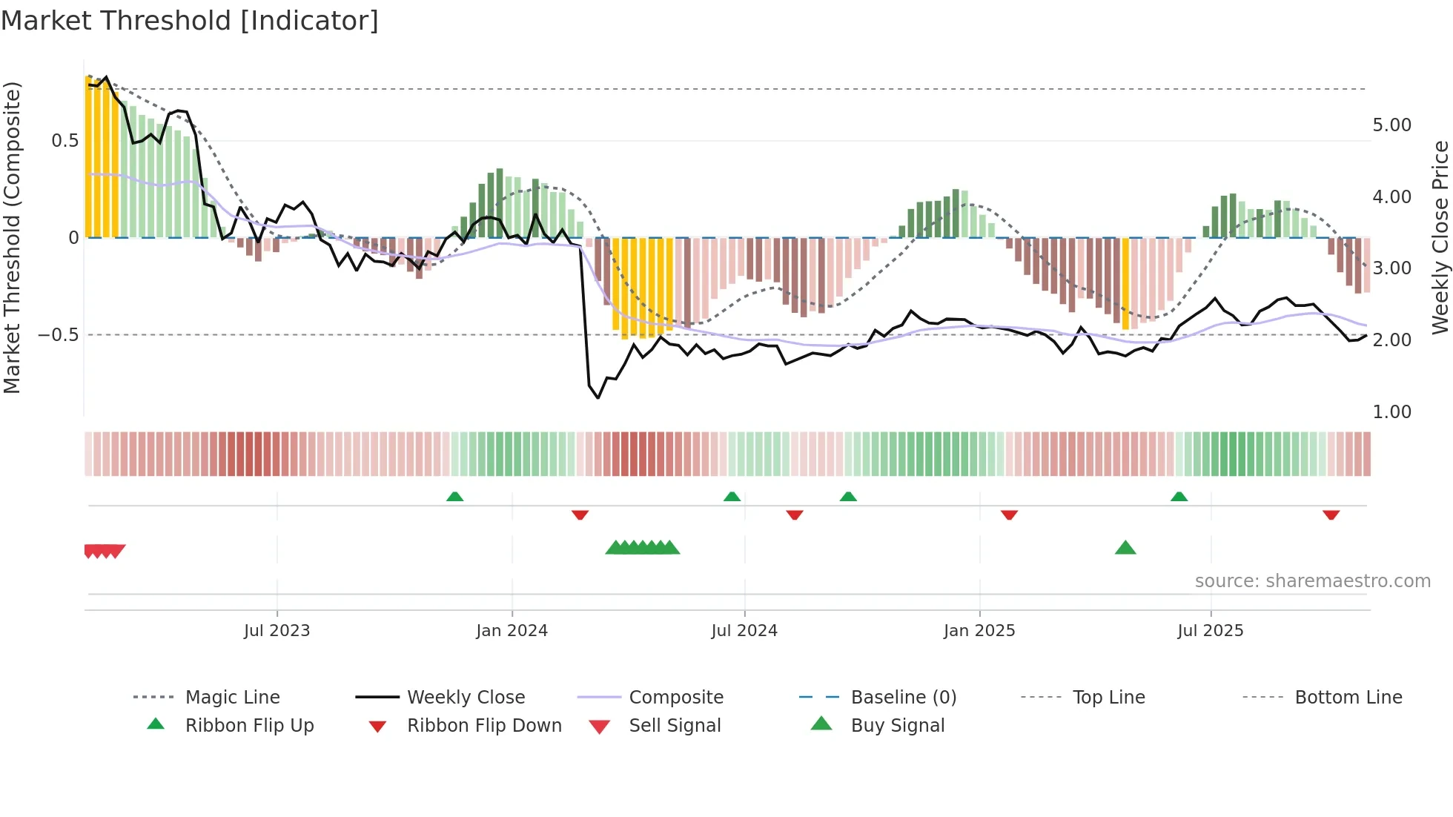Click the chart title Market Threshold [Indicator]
pos(190,21)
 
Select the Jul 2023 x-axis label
pos(277,631)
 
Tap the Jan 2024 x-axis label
pos(512,631)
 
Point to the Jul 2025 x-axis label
pos(1210,631)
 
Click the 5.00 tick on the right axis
pos(1391,125)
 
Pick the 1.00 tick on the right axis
pos(1391,412)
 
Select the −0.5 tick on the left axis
pos(59,335)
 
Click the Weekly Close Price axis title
pos(1440,237)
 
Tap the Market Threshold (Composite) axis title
pos(12,237)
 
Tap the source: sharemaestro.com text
pos(1312,581)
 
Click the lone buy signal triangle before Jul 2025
pos(1125,548)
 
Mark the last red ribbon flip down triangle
pos(1331,515)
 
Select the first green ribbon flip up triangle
pos(454,497)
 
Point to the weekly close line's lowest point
pos(598,398)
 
